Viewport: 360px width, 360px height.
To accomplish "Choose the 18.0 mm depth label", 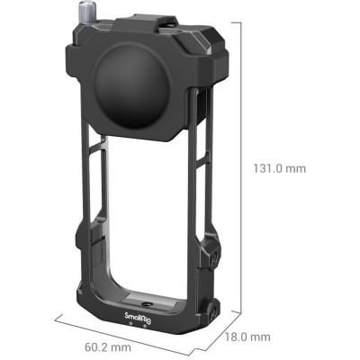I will (247, 337).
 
